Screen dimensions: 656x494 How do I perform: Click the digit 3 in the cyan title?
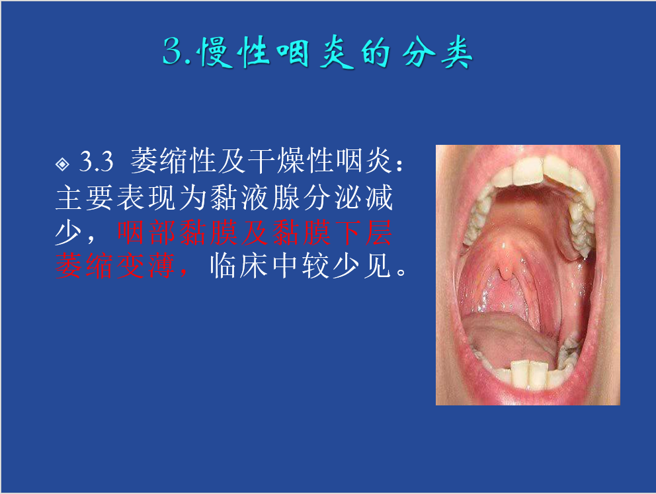pos(173,51)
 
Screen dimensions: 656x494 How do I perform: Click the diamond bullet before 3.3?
pos(62,163)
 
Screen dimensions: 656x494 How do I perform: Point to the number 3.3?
pos(97,161)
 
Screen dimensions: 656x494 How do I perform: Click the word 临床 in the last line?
pos(239,266)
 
